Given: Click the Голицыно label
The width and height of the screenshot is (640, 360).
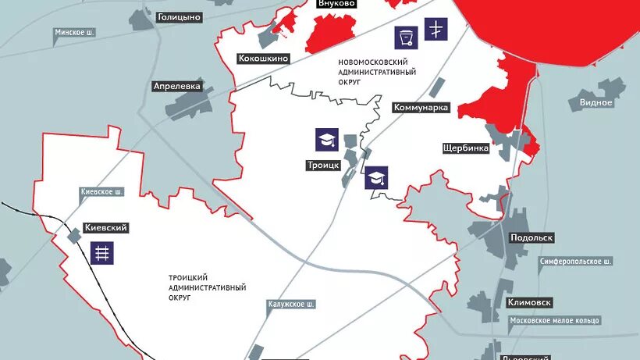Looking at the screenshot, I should tap(180, 16).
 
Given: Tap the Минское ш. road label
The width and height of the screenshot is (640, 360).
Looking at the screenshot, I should tap(75, 33).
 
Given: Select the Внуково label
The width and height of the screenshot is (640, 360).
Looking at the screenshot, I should tap(336, 4).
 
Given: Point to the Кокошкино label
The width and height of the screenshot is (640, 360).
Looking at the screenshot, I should tap(264, 59).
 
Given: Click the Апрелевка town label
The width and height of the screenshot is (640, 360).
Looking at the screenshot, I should tap(178, 87).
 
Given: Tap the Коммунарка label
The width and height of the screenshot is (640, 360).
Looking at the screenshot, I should tap(421, 108).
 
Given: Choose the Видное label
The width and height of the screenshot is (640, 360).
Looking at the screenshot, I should tap(596, 102).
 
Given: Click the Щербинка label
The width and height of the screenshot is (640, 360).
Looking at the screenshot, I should tap(465, 147).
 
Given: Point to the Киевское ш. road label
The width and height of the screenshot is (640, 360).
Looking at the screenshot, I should tap(102, 191).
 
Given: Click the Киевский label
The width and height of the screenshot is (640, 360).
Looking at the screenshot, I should tap(105, 228).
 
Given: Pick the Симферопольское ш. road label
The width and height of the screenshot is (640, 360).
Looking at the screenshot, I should tap(574, 261).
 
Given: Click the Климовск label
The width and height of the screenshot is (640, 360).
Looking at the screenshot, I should tap(529, 302).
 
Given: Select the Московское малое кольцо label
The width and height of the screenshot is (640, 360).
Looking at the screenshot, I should tap(554, 321).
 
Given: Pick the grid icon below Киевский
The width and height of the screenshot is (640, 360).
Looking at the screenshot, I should tap(101, 252).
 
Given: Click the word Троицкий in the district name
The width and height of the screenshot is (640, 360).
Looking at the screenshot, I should tap(188, 277).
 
